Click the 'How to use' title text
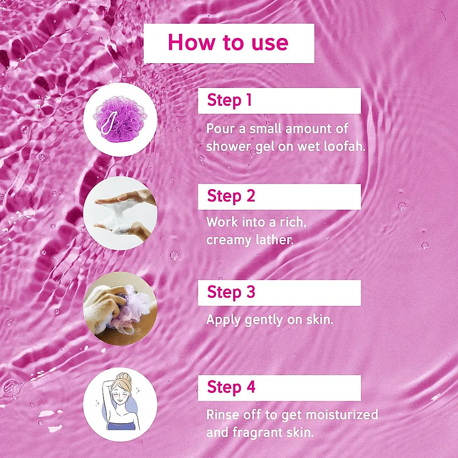(x=228, y=43)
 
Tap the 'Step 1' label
(x=229, y=100)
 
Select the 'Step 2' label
(x=231, y=196)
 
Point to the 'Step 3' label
(x=231, y=292)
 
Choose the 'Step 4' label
(x=231, y=387)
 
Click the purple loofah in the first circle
(x=120, y=119)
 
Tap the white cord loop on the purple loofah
(x=109, y=123)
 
